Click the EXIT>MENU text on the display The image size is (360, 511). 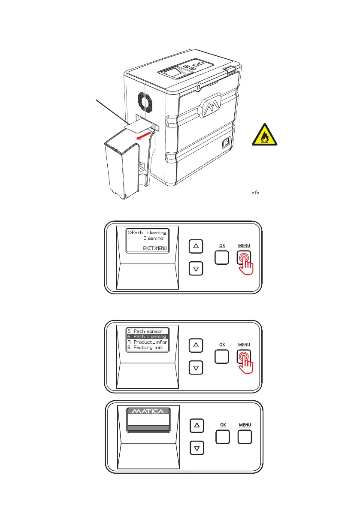click(x=155, y=248)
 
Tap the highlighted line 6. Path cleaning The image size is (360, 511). click(x=147, y=337)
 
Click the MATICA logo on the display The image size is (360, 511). click(x=147, y=412)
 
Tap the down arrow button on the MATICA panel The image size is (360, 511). click(x=197, y=448)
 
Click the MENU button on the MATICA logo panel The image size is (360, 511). click(x=245, y=437)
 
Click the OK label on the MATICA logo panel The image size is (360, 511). click(x=223, y=425)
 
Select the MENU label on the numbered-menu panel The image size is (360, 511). click(x=245, y=345)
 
